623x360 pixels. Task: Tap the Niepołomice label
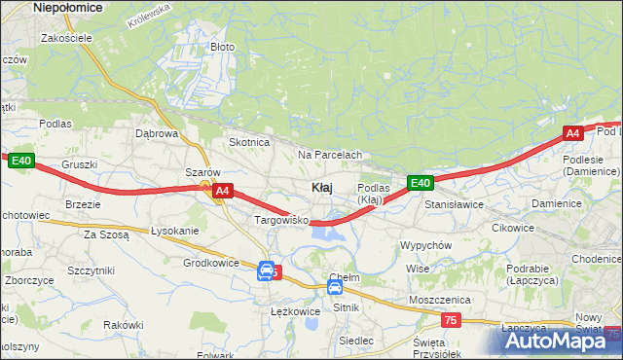point(69,7)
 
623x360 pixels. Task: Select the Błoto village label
point(223,46)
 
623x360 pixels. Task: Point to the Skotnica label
point(248,142)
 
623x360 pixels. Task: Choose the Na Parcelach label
point(330,155)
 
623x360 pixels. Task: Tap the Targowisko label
point(281,221)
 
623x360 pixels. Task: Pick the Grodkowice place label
point(211,263)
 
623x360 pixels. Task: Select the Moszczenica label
point(440,300)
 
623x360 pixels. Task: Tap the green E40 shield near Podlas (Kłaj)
point(420,183)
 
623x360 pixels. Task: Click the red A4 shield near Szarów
point(222,192)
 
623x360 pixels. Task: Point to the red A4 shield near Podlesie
point(573,133)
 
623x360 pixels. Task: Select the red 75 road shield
point(450,320)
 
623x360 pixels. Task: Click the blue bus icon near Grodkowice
point(265,272)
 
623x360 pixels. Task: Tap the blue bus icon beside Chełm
point(334,288)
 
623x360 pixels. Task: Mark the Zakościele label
point(66,38)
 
